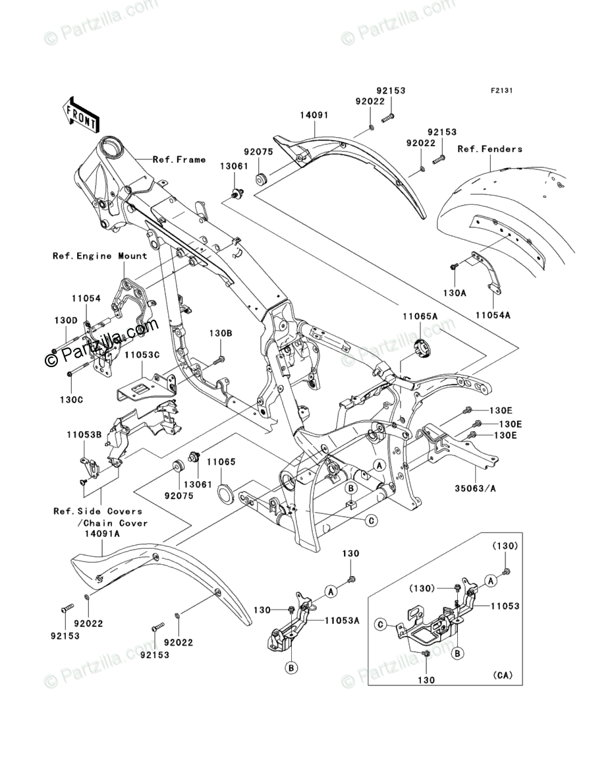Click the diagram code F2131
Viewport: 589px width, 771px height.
(500, 91)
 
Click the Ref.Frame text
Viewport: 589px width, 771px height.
(179, 159)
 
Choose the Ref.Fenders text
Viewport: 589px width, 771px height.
(490, 149)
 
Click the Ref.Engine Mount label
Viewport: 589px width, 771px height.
(100, 256)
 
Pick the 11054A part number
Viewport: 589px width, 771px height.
(493, 316)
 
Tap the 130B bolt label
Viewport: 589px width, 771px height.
(221, 333)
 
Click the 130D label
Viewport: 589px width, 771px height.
(65, 320)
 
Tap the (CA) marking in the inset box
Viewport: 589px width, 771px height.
(502, 675)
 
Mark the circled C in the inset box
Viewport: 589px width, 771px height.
(380, 623)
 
